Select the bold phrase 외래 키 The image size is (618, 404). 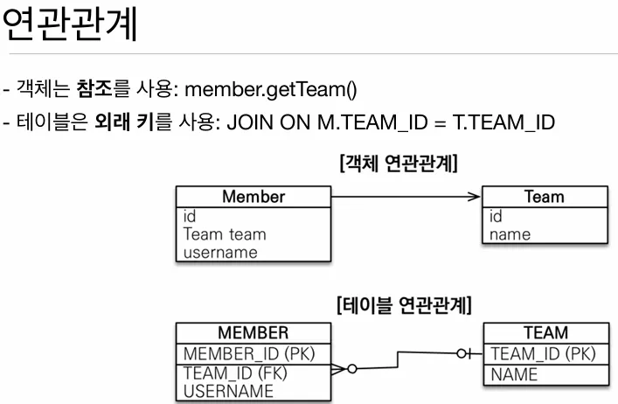[122, 122]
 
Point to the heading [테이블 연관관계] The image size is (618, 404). [404, 305]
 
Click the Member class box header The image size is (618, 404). [253, 197]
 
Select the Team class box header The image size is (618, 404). [544, 197]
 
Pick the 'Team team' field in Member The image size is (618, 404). [225, 234]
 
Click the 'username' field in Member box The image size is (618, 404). [220, 252]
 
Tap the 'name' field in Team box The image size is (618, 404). [510, 234]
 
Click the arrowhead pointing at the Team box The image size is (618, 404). [475, 197]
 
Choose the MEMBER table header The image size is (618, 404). [253, 333]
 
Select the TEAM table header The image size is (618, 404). [545, 333]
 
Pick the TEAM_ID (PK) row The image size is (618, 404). [543, 353]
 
